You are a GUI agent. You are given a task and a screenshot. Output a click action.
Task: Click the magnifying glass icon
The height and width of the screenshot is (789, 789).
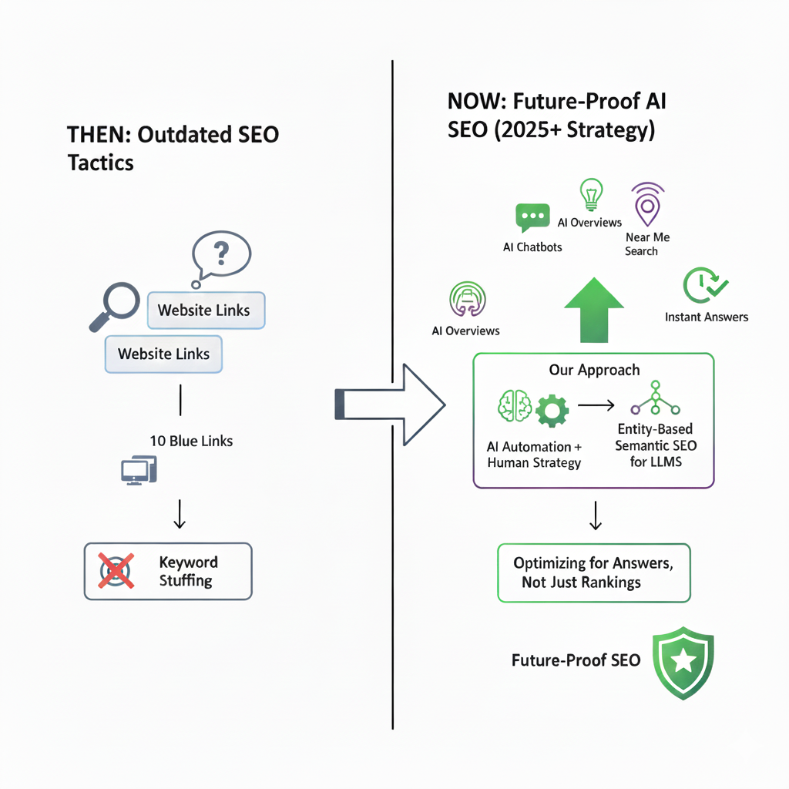116,303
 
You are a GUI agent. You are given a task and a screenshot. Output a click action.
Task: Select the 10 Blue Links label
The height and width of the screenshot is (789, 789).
191,442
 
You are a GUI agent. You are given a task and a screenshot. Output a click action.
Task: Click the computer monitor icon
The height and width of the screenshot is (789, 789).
139,469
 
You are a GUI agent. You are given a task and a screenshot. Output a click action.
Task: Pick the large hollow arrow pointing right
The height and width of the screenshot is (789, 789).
390,405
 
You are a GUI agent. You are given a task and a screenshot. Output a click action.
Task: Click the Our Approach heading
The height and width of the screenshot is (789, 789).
594,370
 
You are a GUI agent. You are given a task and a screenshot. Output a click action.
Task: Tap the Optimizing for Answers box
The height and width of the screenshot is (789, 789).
593,572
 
